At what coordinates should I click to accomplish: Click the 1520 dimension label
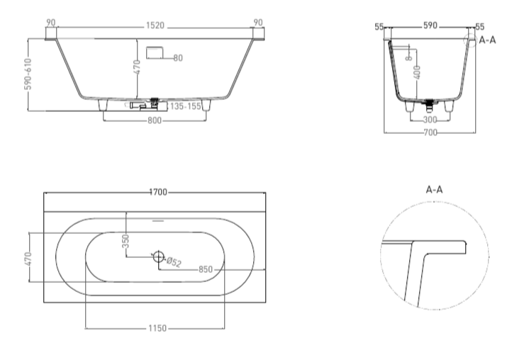(155, 26)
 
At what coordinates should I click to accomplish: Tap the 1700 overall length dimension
(158, 192)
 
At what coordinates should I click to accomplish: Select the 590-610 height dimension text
(28, 74)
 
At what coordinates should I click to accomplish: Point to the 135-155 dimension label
(186, 106)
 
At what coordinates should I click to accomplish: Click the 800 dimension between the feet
(155, 120)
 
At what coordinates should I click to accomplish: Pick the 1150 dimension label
(157, 328)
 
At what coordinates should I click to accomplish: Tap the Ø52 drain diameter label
(174, 262)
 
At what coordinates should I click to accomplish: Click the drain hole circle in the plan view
(158, 257)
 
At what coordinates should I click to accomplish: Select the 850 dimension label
(206, 269)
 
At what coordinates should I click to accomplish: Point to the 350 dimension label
(126, 241)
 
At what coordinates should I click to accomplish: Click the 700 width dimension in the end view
(430, 133)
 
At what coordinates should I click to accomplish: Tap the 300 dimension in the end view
(430, 120)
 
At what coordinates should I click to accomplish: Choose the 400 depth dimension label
(417, 72)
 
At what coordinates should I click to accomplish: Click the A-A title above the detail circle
(434, 190)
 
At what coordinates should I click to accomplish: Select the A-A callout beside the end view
(487, 40)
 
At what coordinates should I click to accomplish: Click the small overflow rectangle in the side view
(155, 52)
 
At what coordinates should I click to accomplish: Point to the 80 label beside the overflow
(178, 58)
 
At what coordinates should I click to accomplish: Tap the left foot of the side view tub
(103, 104)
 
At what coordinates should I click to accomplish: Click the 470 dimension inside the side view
(137, 67)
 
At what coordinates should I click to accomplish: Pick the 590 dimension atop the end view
(430, 26)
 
